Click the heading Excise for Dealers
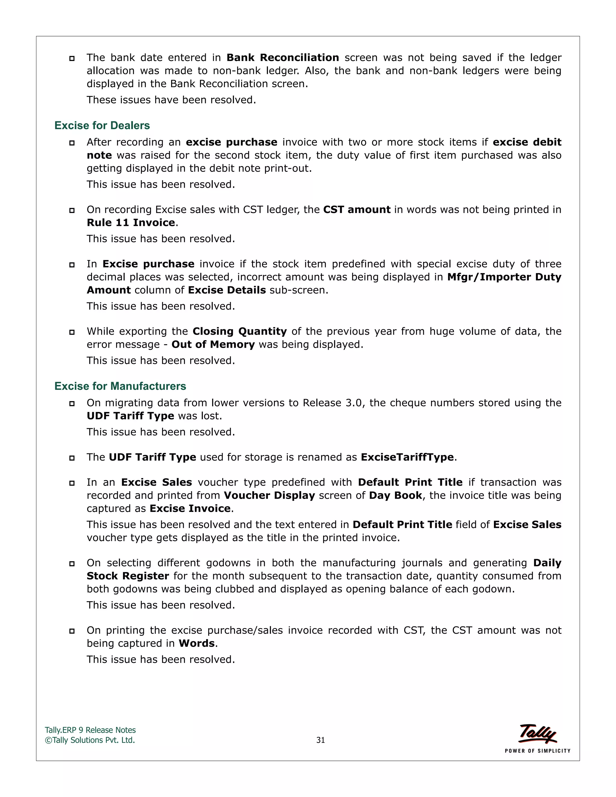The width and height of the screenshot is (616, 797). (102, 125)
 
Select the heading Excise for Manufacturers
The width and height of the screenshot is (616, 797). (120, 386)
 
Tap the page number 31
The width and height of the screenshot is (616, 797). (320, 740)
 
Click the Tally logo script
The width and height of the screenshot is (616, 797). (537, 734)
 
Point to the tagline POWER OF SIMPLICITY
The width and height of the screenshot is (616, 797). (537, 751)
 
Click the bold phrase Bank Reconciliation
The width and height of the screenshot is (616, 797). (282, 58)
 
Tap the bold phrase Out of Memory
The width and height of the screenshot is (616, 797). (213, 344)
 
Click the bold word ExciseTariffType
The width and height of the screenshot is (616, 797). (407, 457)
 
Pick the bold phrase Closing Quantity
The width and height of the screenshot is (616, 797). (239, 331)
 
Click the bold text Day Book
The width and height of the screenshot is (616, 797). (395, 496)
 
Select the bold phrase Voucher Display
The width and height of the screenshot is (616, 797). (269, 496)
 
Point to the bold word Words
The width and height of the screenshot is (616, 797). (197, 643)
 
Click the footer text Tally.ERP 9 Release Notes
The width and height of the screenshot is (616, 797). (90, 730)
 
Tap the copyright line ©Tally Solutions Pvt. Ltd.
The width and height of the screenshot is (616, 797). (90, 740)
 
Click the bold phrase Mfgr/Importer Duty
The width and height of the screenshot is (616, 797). (504, 277)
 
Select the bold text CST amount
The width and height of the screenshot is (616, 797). (356, 210)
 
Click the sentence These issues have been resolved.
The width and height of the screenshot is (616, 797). (171, 100)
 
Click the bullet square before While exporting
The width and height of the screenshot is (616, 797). (72, 332)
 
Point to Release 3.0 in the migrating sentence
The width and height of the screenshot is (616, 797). (333, 403)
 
